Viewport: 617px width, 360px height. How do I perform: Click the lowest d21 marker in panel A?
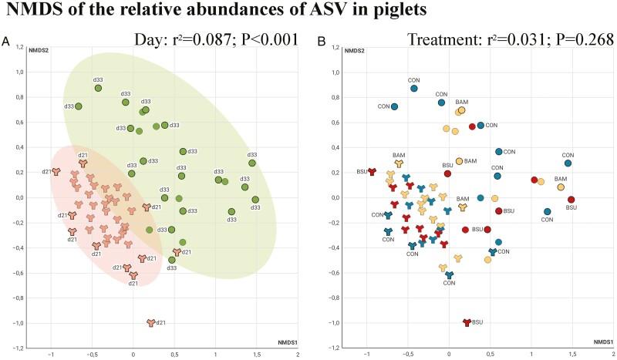[x=151, y=323]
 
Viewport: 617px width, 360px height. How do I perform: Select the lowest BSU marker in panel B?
[x=466, y=323]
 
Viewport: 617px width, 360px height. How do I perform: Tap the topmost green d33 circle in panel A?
[x=98, y=89]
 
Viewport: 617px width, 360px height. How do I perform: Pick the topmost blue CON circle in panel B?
[x=414, y=89]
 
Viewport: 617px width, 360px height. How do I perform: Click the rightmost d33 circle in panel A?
[x=255, y=200]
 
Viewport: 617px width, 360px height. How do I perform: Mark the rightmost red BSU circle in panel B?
[x=571, y=200]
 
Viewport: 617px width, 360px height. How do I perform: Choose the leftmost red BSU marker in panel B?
[x=372, y=172]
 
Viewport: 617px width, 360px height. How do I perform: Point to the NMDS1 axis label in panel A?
[x=288, y=341]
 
